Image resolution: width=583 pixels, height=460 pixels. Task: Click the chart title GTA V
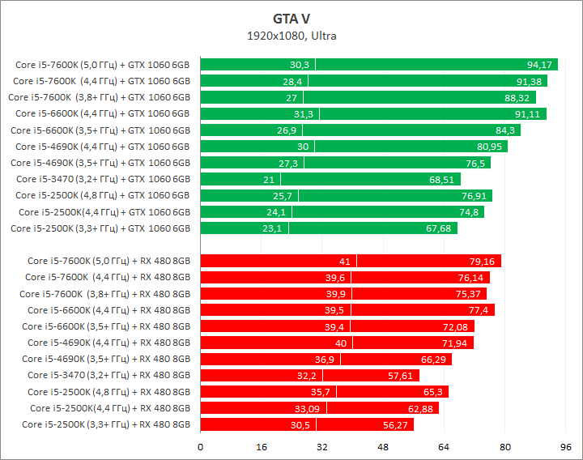pos(291,18)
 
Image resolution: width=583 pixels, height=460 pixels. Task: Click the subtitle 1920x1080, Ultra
pos(291,36)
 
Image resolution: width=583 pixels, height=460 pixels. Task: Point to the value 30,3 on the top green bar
pos(300,65)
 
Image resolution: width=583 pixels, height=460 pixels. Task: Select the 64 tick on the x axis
pos(444,446)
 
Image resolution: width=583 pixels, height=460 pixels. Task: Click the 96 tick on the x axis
pos(566,446)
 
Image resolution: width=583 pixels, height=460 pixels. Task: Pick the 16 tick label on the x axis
pos(262,446)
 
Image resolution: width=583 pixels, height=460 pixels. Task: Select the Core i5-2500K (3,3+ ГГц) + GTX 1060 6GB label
pos(100,228)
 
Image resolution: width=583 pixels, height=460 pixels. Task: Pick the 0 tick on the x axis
pos(201,446)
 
